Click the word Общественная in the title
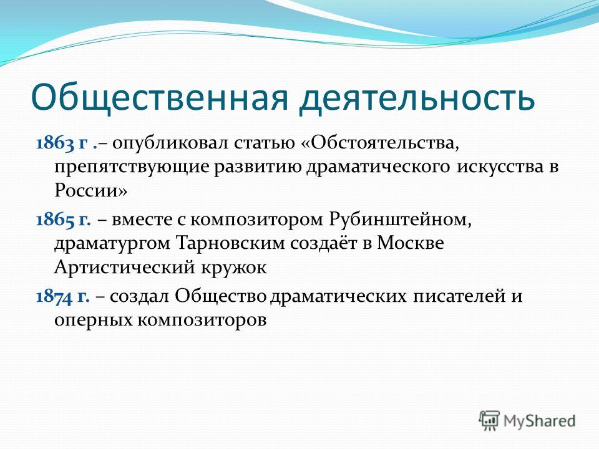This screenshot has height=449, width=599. pos(159,99)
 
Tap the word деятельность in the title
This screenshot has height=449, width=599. pos(417,99)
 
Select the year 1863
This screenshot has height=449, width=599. pos(55,143)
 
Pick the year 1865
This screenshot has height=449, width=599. pos(55,220)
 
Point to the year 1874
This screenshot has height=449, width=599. pos(54,296)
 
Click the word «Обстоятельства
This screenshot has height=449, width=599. pos(380,143)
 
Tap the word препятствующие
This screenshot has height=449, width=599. pos(132,168)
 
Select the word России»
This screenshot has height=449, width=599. pos(90,190)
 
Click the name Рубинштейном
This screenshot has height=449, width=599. pos(400,220)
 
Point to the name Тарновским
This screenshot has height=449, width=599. pos(230,243)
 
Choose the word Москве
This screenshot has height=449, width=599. pos(411,243)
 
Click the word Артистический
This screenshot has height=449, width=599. pos(125,268)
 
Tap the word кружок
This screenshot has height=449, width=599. pos(233,268)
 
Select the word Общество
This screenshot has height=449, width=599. pos(221,296)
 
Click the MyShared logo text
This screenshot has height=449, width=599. pos(539,421)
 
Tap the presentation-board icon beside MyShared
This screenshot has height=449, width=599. pos(489,421)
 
